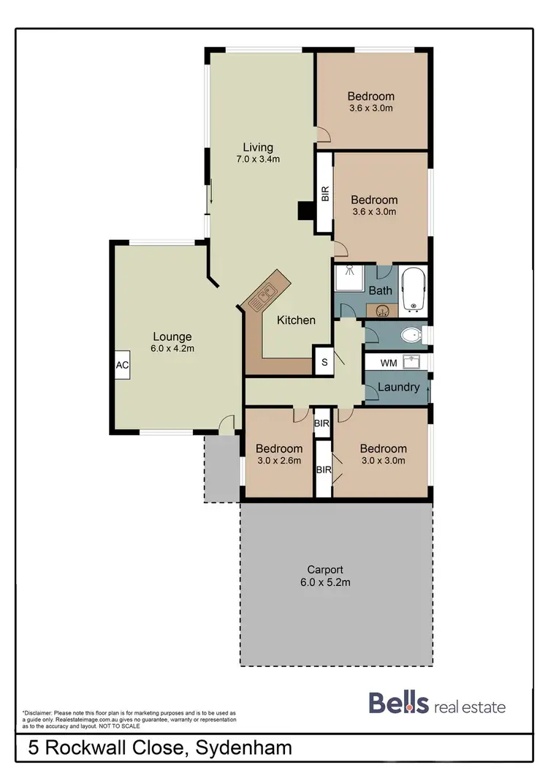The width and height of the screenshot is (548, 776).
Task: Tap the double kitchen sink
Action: [x=263, y=296]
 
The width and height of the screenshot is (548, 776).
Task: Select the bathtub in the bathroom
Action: [x=413, y=290]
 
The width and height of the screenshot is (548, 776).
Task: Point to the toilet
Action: [x=412, y=336]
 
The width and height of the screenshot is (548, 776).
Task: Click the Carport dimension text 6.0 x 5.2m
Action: [x=326, y=583]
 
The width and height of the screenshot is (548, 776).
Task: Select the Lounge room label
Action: [x=172, y=337]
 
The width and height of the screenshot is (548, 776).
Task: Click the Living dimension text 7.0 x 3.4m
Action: [x=254, y=159]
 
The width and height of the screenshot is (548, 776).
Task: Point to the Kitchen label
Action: [x=296, y=320]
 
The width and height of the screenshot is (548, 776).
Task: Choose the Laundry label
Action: [x=398, y=387]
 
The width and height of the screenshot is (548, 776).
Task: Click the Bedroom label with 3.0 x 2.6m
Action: [x=278, y=449]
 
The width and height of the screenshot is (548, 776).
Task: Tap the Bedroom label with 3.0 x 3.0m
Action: [x=383, y=449]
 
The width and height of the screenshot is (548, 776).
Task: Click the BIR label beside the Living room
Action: [x=324, y=194]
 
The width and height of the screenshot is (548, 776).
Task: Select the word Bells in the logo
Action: [x=398, y=704]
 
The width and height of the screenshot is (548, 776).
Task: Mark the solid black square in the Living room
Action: [x=304, y=211]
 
